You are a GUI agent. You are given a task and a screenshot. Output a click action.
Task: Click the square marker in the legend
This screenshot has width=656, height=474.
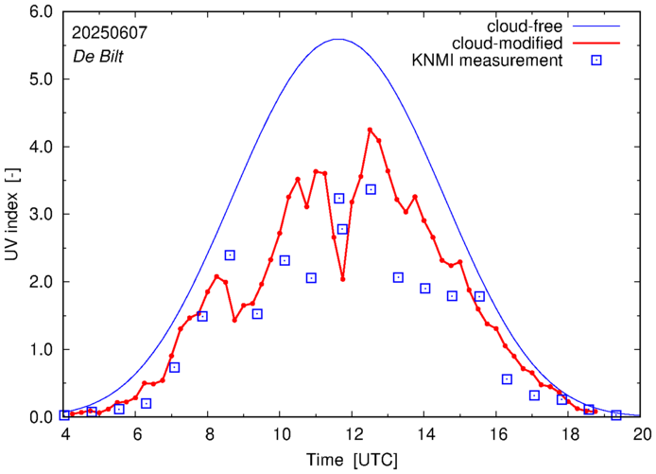[x=596, y=61]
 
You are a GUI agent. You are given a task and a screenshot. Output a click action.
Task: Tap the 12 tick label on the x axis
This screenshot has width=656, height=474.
[x=354, y=434]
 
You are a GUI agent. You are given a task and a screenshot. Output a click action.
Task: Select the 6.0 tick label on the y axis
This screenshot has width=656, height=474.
[x=40, y=12]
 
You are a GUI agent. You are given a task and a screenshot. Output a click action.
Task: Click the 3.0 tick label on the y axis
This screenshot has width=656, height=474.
[x=40, y=215]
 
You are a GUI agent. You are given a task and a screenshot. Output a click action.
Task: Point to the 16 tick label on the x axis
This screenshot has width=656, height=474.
[x=498, y=434]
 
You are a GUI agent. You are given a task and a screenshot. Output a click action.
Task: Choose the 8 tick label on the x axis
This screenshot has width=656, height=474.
[x=209, y=434]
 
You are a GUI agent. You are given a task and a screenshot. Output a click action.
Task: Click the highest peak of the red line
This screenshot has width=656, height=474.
[x=370, y=130]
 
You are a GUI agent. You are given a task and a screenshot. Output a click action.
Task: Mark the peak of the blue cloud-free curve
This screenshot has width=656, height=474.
[x=337, y=39]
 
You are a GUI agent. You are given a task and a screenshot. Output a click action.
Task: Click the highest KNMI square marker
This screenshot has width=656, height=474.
[x=371, y=189]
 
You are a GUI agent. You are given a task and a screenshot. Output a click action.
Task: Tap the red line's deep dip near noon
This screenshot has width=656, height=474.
[x=342, y=278]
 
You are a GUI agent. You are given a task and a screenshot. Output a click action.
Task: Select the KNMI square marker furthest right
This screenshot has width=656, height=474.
[x=616, y=414]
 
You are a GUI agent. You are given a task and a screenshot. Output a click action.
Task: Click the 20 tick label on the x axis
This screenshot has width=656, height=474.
[x=642, y=434]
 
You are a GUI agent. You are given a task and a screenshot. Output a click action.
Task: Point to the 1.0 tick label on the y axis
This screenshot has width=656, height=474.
[x=40, y=349]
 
